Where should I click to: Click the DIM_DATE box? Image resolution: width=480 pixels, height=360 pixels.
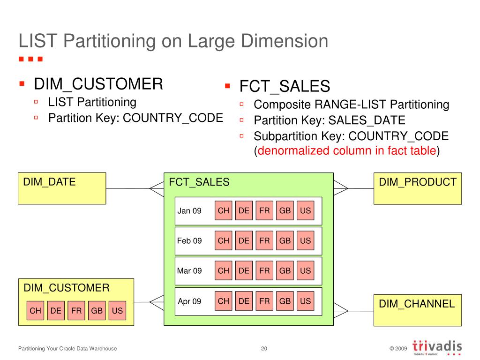tap(62, 188)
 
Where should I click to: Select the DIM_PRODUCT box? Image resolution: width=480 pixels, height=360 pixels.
tap(417, 188)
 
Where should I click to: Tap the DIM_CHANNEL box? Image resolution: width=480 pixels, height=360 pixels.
tap(417, 310)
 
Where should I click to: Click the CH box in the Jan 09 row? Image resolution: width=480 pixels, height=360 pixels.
tap(224, 210)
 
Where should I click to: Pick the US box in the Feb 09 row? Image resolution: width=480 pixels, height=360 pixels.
tap(305, 240)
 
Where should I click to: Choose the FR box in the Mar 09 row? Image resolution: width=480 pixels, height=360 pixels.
tap(264, 270)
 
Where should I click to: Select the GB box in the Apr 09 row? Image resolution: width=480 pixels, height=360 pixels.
tap(285, 301)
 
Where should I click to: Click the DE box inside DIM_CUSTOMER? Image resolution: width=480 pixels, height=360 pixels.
tap(56, 310)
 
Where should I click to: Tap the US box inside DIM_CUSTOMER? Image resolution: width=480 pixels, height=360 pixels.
tap(117, 310)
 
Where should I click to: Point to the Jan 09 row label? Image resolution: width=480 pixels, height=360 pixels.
tap(189, 211)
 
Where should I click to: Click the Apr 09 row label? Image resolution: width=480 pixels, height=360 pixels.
tap(189, 301)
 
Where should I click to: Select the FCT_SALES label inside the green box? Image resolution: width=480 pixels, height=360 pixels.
tap(199, 182)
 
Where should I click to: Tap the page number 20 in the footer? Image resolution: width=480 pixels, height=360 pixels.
tap(264, 349)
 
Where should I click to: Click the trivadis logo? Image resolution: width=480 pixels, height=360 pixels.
tap(437, 348)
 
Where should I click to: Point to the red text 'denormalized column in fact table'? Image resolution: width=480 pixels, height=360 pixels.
tap(347, 151)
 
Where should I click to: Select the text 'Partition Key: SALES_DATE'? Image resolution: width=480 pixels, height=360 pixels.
tap(329, 120)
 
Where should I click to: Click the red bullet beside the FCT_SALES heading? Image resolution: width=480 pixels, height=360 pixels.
tap(227, 86)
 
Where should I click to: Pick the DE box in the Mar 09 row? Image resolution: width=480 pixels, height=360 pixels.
tap(244, 270)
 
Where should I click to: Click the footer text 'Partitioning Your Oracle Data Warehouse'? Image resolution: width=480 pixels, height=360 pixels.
tap(67, 349)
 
